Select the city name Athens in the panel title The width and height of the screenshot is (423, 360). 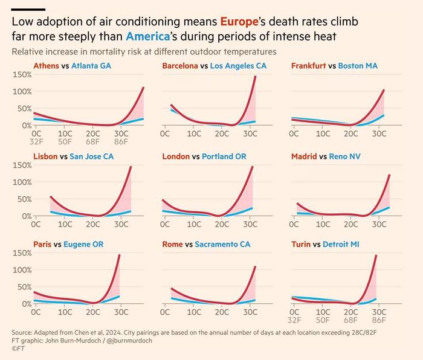(47, 65)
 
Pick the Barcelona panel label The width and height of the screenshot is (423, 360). (180, 65)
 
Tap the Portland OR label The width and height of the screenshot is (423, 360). (224, 156)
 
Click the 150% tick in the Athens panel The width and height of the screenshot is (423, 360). (22, 74)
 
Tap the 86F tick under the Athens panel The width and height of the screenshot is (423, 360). (121, 143)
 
